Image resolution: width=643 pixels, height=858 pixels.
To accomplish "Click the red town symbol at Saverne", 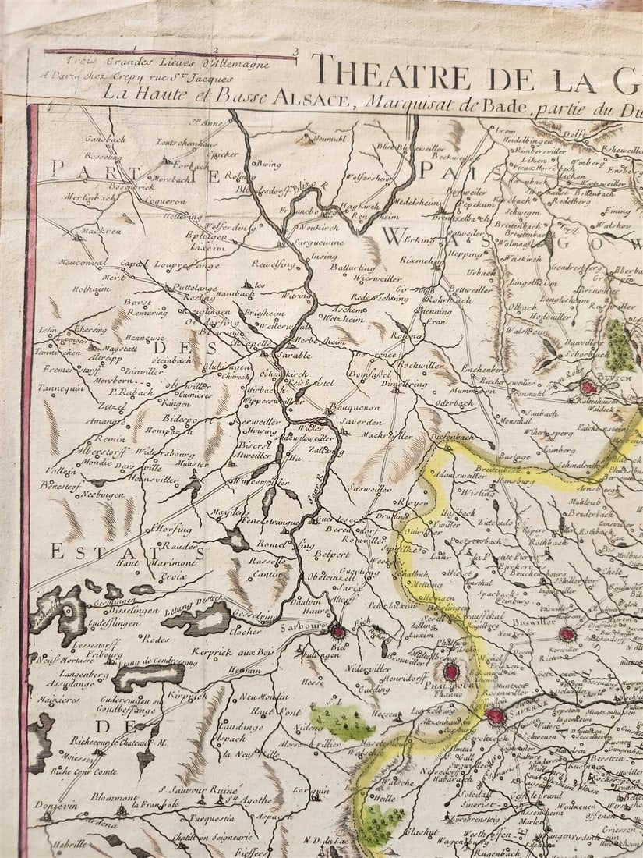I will click(495, 715).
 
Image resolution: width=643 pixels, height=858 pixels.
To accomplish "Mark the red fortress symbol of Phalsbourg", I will click(450, 671).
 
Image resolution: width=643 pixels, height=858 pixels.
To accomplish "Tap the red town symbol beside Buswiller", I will click(567, 633).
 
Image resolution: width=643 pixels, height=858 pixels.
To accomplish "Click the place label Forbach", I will click(189, 165).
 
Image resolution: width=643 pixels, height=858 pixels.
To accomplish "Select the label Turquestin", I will click(214, 819).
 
